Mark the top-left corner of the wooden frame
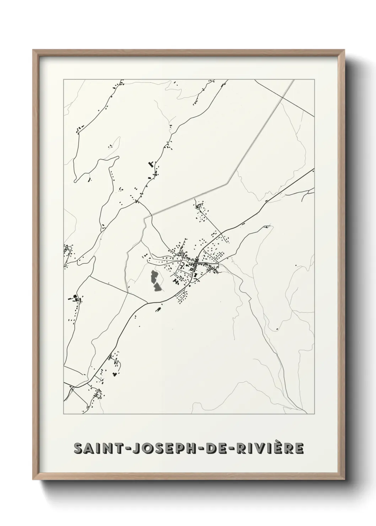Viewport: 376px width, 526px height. [33, 50]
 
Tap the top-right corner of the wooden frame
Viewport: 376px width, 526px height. [345, 50]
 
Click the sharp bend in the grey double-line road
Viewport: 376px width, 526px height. [228, 184]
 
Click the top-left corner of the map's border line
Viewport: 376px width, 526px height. [64, 79]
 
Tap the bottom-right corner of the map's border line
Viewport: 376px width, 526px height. [315, 414]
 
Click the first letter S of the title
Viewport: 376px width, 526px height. [78, 449]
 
